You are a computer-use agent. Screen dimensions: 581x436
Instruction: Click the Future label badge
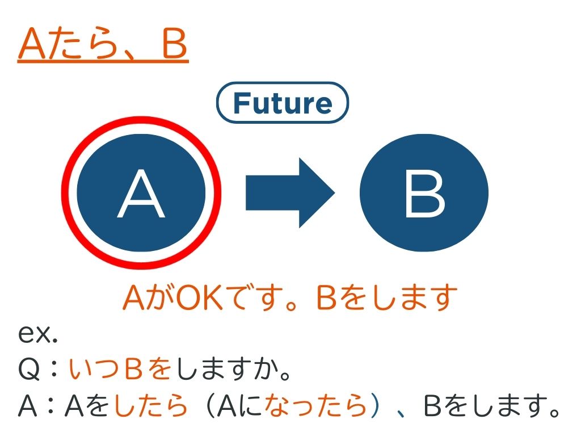283,102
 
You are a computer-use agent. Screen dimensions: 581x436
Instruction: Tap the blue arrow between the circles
290,193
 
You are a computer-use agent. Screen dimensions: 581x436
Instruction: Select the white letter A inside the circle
141,194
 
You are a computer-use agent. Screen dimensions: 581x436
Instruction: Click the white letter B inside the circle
424,194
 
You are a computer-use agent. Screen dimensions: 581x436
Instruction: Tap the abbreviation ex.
38,334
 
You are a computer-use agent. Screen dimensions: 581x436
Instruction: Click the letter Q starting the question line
28,369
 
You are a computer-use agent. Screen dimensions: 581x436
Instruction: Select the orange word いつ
94,369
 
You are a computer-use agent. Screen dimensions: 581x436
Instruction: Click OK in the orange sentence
199,297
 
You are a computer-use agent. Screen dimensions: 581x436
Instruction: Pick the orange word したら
150,405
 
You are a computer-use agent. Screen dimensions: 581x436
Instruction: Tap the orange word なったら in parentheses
315,405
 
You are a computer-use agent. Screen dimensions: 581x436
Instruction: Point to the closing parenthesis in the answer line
375,405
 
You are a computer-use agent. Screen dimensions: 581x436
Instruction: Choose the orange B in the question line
134,369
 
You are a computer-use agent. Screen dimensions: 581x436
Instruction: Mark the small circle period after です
291,305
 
